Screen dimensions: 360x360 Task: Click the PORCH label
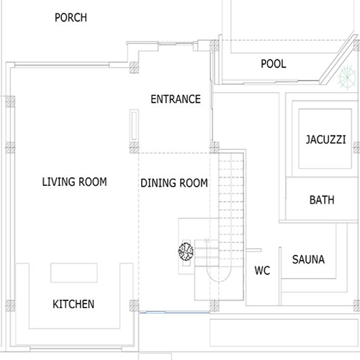71,18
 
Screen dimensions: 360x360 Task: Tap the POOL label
274,64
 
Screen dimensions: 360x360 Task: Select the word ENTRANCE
176,99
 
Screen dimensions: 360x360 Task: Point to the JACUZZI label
326,140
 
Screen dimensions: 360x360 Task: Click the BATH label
322,200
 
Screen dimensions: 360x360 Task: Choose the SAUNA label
308,259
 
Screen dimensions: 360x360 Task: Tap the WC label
262,271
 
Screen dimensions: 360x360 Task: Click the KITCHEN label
73,304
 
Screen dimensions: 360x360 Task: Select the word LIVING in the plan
58,181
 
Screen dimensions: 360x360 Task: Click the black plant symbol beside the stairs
186,251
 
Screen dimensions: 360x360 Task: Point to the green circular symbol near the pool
347,78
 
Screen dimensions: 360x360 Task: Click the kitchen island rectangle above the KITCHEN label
74,273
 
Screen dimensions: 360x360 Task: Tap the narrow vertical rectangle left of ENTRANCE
134,125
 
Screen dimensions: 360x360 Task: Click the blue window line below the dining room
175,312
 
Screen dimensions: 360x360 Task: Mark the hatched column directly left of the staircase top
214,147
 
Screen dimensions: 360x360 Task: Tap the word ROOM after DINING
194,183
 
